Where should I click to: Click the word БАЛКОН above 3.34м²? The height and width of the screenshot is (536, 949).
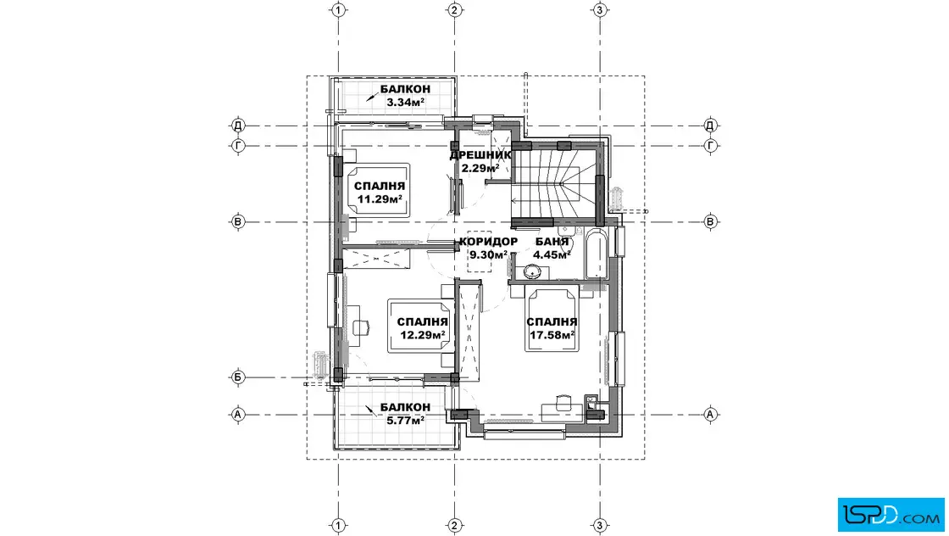[x=406, y=90]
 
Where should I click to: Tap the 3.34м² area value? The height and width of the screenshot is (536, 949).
[x=406, y=103]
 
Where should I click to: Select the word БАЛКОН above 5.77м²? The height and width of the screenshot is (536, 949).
[x=406, y=407]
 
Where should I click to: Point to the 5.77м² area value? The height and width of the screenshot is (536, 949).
[x=406, y=419]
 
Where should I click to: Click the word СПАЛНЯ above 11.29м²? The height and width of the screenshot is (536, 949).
[x=380, y=187]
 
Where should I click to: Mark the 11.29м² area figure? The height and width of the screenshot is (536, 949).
[x=380, y=199]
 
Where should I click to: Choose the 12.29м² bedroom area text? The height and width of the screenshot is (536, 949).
[x=422, y=335]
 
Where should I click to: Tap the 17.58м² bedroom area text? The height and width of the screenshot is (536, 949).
[x=552, y=335]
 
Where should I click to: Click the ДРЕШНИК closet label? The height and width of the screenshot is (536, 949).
[x=480, y=156]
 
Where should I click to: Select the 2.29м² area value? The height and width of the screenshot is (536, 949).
[x=480, y=169]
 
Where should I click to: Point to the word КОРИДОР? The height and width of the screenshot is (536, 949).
[x=488, y=242]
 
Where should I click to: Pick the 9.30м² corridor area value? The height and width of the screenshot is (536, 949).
[x=488, y=255]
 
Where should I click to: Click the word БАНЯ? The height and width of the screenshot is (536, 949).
[x=552, y=242]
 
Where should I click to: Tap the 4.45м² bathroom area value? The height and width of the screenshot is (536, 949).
[x=552, y=255]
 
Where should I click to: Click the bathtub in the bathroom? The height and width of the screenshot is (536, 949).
[x=596, y=254]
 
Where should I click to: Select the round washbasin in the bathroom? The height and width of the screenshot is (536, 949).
[x=533, y=272]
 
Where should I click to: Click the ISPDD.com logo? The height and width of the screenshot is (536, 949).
[x=891, y=514]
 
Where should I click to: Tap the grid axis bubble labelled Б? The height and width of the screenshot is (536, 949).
[x=238, y=377]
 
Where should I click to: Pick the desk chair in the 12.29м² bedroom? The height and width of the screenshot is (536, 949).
[x=362, y=327]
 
